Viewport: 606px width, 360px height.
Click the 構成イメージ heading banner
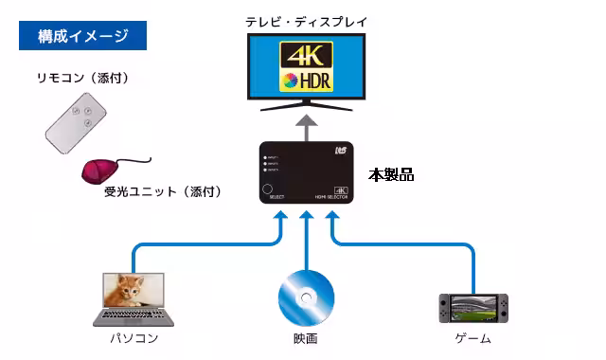[83, 37]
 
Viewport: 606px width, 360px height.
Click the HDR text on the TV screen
[311, 81]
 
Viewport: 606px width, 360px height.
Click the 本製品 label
[391, 175]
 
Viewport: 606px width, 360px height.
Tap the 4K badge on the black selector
[342, 189]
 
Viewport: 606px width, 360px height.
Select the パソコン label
[133, 338]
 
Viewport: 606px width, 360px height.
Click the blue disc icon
[306, 297]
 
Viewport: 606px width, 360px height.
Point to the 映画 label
[305, 338]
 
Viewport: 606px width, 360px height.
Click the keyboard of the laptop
[133, 317]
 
